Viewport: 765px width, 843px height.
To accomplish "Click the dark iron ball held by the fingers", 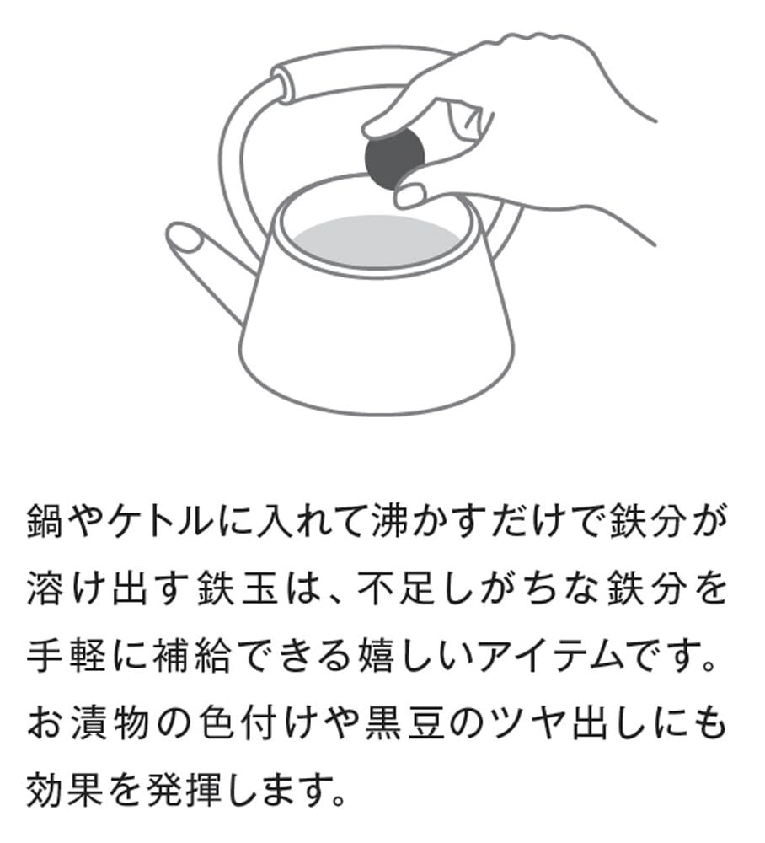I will tap(394, 157).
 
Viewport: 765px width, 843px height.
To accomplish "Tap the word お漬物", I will tap(87, 724).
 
